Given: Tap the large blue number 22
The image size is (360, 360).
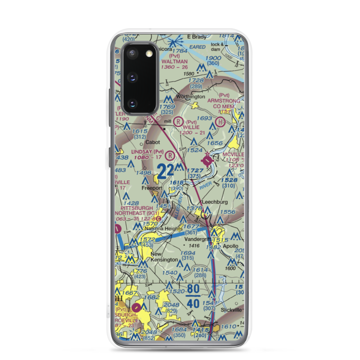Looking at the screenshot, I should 166,171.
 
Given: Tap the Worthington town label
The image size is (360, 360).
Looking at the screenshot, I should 191,97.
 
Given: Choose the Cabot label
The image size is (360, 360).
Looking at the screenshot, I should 153,142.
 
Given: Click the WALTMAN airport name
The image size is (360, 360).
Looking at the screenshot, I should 175,62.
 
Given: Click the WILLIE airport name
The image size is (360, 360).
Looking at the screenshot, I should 190,127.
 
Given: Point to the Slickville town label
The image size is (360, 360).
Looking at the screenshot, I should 228,310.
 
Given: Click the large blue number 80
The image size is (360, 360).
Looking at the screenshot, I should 193,289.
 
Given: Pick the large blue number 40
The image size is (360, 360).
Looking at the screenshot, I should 193,303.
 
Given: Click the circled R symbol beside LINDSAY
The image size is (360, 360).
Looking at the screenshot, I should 170,156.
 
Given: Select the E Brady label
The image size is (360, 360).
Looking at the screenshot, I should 197,37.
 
